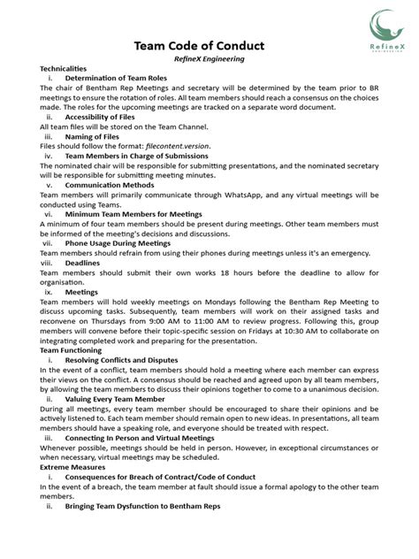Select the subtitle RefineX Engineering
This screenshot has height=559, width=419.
(209, 59)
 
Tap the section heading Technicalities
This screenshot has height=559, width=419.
(64, 69)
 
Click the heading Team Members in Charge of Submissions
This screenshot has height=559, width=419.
(136, 157)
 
